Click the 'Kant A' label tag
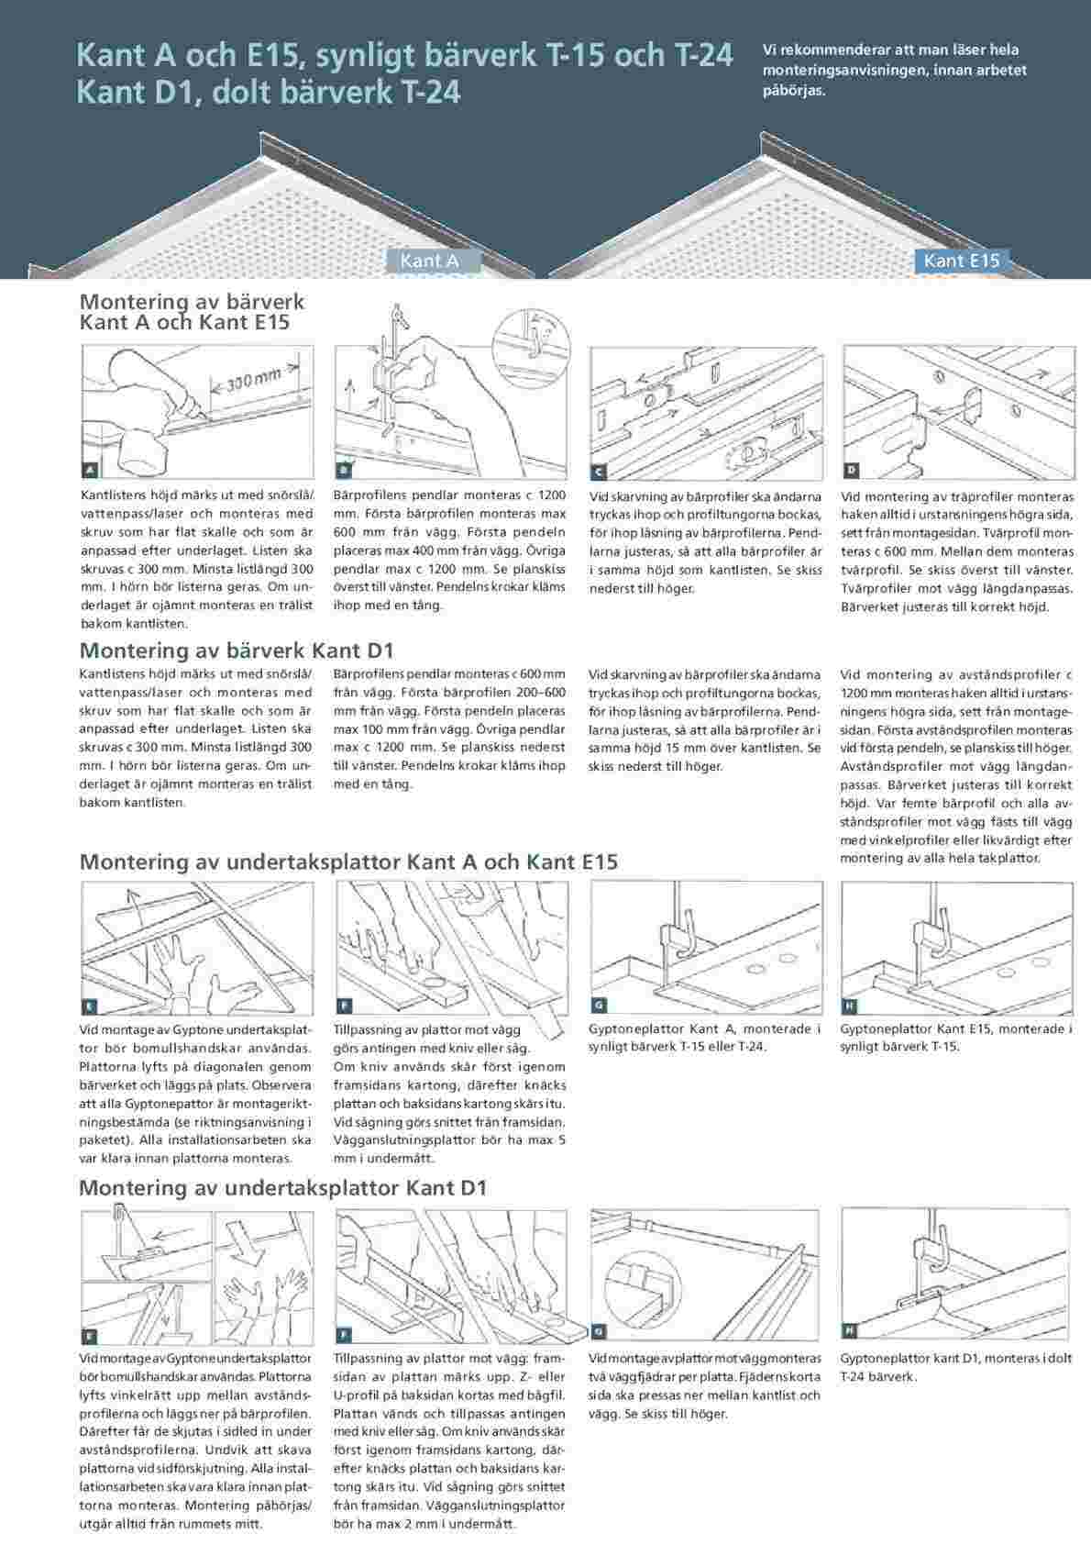coord(429,261)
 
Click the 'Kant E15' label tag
coord(961,261)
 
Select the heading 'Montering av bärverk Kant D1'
coord(237,650)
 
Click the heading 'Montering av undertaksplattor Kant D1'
coord(282,1187)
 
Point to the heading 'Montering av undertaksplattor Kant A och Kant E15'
coord(348,861)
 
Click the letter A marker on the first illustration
coord(90,471)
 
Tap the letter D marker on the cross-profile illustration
coord(851,471)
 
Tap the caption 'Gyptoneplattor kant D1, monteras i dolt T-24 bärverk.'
coord(955,1367)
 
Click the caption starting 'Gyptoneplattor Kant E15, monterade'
coord(955,1037)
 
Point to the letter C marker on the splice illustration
coord(598,472)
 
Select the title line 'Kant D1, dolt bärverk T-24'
coord(268,93)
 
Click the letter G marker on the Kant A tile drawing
coord(599,1006)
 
